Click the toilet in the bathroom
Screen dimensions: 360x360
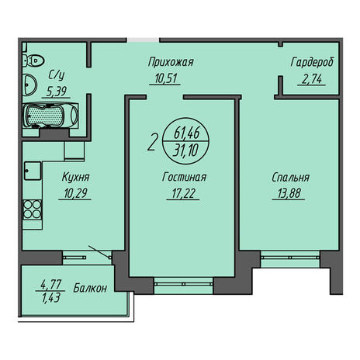tap(33, 61)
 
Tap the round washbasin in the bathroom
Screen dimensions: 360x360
tap(29, 85)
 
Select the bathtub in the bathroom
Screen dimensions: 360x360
tap(50, 116)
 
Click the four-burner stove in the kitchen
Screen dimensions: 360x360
tap(33, 209)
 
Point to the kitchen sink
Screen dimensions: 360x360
tap(33, 171)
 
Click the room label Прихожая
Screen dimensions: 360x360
tap(171, 62)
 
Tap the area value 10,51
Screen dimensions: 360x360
tap(165, 78)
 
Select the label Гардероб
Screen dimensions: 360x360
tap(312, 62)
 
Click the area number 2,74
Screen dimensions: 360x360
tap(312, 79)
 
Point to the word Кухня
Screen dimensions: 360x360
tap(76, 178)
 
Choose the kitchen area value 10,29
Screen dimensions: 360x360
tap(75, 193)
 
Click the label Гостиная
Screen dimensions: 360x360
tap(184, 178)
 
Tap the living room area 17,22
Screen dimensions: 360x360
tap(183, 193)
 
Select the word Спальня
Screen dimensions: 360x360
tap(291, 178)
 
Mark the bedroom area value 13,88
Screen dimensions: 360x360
tap(289, 193)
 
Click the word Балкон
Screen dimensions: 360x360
tap(90, 288)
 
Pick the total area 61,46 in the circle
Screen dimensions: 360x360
tap(187, 133)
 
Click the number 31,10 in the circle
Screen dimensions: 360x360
tap(185, 151)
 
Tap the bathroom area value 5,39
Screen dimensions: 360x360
tap(57, 91)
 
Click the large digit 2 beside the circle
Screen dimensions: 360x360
tap(152, 143)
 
